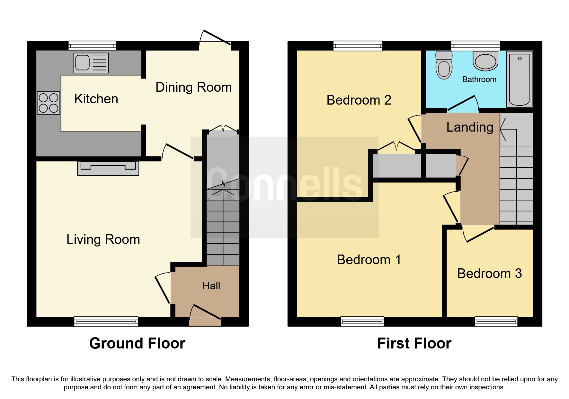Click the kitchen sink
click(x=91, y=63)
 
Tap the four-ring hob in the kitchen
click(x=49, y=103)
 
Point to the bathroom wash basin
click(x=485, y=61)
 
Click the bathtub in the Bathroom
click(x=519, y=79)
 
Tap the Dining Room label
click(x=193, y=87)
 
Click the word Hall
click(x=211, y=286)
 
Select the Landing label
click(x=469, y=127)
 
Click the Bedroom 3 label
click(x=489, y=274)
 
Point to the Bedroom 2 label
click(x=359, y=100)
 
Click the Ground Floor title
click(x=137, y=343)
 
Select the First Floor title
click(x=414, y=343)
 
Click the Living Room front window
click(x=106, y=321)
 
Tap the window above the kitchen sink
click(x=92, y=45)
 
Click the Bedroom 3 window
click(x=496, y=321)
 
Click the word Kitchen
click(x=96, y=99)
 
